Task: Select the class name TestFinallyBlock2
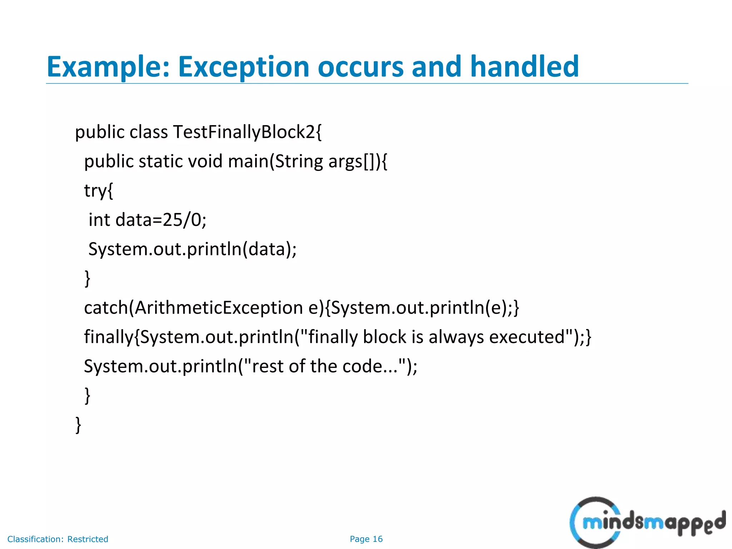[247, 132]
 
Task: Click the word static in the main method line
[160, 162]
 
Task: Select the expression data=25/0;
[161, 220]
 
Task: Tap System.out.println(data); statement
[192, 249]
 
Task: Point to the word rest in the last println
[268, 366]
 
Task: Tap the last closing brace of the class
[78, 425]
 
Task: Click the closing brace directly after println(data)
[87, 278]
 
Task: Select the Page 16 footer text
[366, 539]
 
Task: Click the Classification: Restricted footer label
[58, 539]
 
